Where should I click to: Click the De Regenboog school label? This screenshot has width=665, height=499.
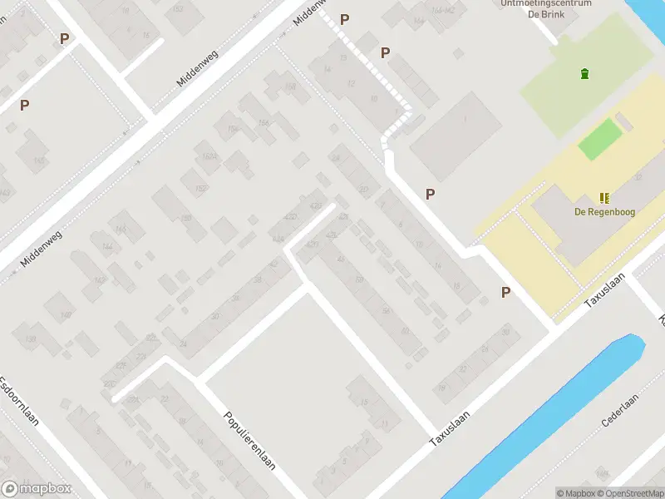(x=604, y=212)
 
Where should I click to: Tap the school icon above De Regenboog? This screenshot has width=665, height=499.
(x=604, y=198)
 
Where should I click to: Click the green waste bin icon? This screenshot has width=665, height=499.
(x=584, y=74)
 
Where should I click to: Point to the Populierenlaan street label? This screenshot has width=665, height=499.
(x=249, y=440)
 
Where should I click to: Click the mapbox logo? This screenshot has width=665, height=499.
(x=37, y=489)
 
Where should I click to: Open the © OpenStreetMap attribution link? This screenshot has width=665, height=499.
(x=637, y=493)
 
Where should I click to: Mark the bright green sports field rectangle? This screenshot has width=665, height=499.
(x=600, y=139)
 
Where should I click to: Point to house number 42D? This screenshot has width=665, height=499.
(x=290, y=217)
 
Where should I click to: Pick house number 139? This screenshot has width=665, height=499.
(x=31, y=339)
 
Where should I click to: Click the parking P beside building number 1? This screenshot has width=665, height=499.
(x=430, y=194)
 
